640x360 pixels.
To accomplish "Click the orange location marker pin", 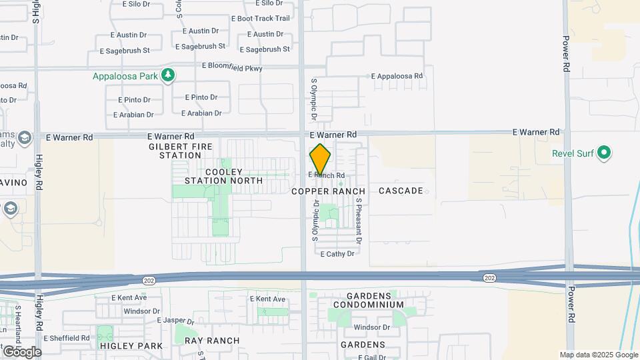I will (320, 159).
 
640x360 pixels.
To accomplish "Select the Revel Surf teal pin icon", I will (605, 154).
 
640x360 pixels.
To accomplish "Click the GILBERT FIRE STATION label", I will (176, 151).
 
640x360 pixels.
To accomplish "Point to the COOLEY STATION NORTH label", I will (214, 176).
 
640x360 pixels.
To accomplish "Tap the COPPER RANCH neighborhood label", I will (329, 191).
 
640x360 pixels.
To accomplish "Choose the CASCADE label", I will (401, 191).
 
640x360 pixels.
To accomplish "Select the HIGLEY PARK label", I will (131, 346).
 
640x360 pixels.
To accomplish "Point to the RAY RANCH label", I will (212, 341).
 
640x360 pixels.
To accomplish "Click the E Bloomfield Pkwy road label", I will (232, 68).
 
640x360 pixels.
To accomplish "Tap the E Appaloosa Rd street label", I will (397, 77).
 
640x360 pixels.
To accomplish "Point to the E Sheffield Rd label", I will (67, 338).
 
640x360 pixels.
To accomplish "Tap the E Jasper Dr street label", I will (175, 321).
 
